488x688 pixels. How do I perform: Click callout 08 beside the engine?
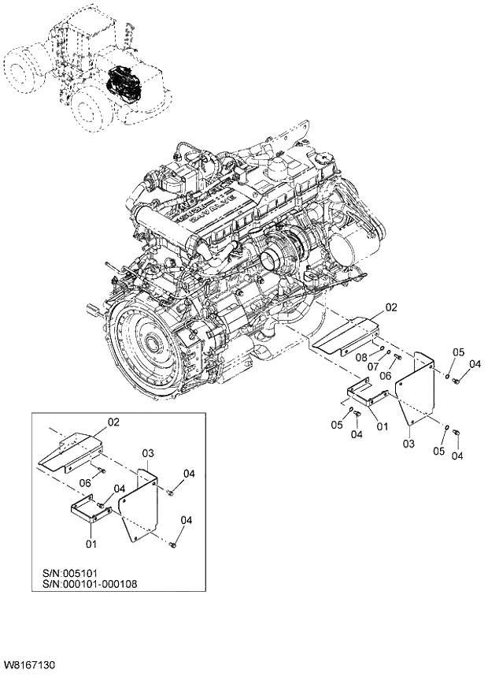[x=361, y=357]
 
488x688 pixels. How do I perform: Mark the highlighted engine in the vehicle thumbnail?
[x=123, y=80]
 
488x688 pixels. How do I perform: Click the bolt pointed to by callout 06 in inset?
[x=103, y=471]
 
